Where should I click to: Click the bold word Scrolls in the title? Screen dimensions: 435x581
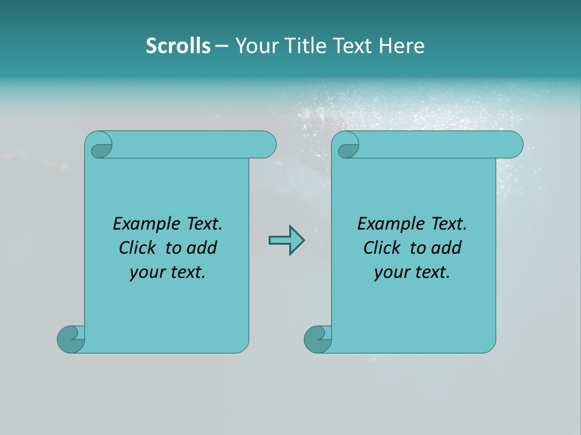click(x=178, y=46)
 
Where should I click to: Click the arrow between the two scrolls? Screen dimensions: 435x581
click(x=286, y=240)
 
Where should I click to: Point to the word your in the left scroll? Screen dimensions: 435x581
click(x=146, y=272)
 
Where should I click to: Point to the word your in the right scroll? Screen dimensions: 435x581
click(x=390, y=272)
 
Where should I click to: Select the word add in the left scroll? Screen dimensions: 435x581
click(x=203, y=248)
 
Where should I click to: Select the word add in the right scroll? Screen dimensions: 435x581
click(x=447, y=248)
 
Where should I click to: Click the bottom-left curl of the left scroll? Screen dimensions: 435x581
click(x=70, y=339)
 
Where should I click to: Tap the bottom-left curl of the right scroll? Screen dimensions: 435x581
click(x=317, y=339)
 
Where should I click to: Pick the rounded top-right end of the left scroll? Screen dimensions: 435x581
click(x=266, y=144)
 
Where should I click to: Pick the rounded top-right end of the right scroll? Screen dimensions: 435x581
click(x=513, y=144)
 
